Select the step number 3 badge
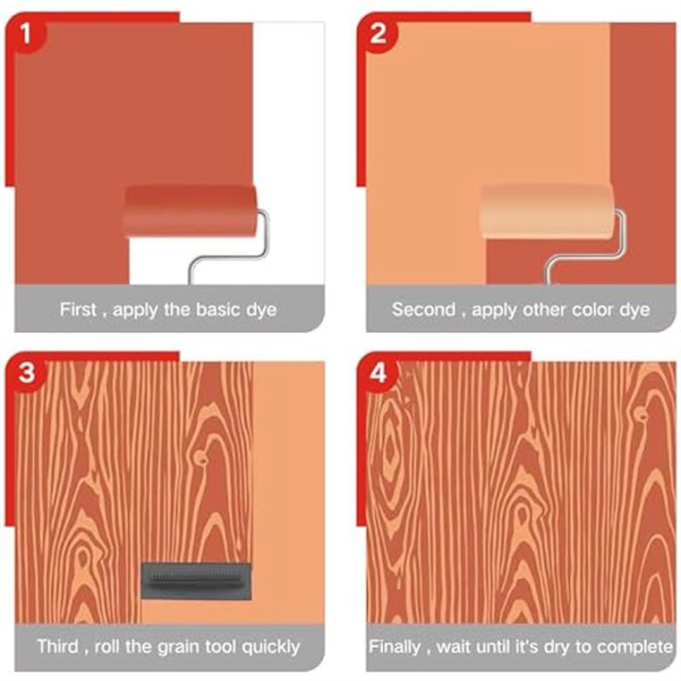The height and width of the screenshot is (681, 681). pyautogui.click(x=28, y=373)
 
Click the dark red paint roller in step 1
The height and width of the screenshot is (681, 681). pyautogui.click(x=189, y=210)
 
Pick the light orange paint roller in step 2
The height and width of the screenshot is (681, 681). pyautogui.click(x=546, y=209)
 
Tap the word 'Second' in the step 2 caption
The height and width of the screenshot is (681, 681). pyautogui.click(x=424, y=309)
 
